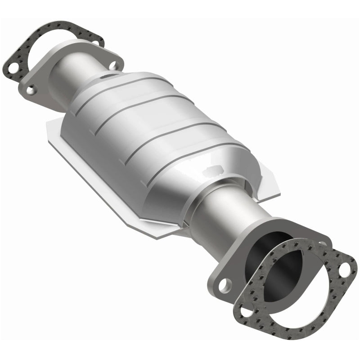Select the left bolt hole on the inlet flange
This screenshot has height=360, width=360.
pyautogui.click(x=30, y=90)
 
